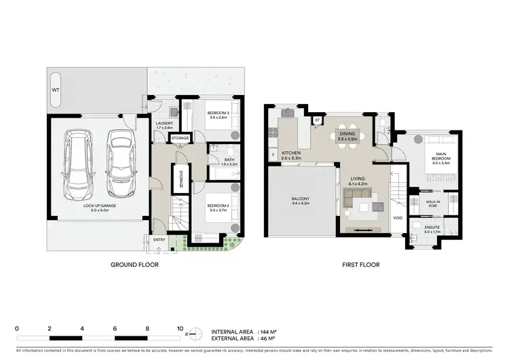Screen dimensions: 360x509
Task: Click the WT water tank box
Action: pos(56,90)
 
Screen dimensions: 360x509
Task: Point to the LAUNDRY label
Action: pos(165,124)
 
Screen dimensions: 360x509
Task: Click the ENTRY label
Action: pos(159,239)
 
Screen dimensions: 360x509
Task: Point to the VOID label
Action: pos(398,217)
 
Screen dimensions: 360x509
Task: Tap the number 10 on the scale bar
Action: pos(180,329)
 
